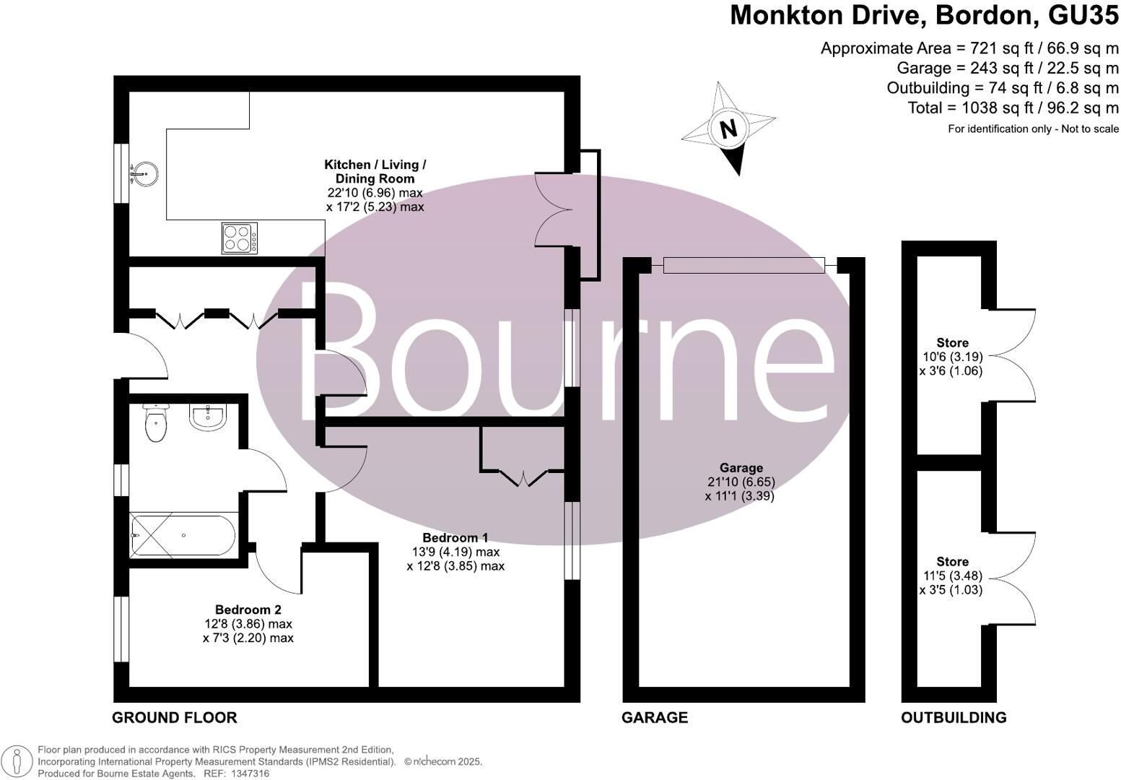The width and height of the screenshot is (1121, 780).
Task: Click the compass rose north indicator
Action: [x=728, y=129]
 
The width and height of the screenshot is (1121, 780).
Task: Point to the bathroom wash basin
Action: [x=209, y=415]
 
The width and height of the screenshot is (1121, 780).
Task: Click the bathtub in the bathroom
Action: [x=182, y=534]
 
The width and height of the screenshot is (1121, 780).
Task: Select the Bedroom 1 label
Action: [x=455, y=537]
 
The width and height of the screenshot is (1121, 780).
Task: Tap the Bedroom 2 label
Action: [x=248, y=610]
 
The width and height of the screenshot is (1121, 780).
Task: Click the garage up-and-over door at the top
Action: [x=743, y=266]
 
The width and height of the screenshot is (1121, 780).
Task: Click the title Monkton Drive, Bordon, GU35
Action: [x=924, y=16]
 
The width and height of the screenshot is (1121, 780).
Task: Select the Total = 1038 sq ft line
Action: [x=1013, y=108]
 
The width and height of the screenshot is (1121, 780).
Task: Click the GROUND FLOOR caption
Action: [x=174, y=717]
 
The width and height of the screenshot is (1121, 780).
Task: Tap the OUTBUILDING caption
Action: [x=953, y=717]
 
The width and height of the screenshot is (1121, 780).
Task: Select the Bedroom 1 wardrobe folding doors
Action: [x=523, y=477]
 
